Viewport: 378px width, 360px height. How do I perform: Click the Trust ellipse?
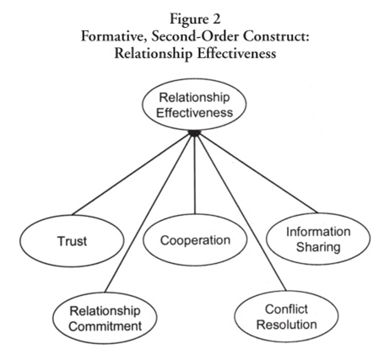pyautogui.click(x=72, y=241)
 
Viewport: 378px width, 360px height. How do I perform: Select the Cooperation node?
pyautogui.click(x=195, y=239)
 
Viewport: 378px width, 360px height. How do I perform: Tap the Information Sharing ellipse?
pyautogui.click(x=318, y=239)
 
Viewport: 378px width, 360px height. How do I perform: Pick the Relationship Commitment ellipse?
pyautogui.click(x=105, y=318)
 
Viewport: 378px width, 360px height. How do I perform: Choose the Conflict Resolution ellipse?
pyautogui.click(x=286, y=317)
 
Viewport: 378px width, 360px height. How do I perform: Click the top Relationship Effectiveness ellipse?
pyautogui.click(x=194, y=105)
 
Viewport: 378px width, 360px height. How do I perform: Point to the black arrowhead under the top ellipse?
pyautogui.click(x=195, y=133)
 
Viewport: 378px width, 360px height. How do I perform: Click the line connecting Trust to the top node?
pyautogui.click(x=132, y=175)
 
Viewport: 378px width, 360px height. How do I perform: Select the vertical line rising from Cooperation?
pyautogui.click(x=195, y=175)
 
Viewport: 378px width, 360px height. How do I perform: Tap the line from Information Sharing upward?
pyautogui.click(x=258, y=174)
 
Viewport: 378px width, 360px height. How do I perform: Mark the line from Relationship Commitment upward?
pyautogui.click(x=148, y=214)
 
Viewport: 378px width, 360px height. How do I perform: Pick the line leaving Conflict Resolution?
pyautogui.click(x=241, y=213)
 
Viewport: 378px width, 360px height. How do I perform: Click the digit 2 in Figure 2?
pyautogui.click(x=216, y=19)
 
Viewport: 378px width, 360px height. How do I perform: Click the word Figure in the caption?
pyautogui.click(x=188, y=20)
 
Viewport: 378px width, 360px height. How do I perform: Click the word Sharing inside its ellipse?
pyautogui.click(x=318, y=247)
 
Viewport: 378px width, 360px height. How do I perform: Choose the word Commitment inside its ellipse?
pyautogui.click(x=105, y=326)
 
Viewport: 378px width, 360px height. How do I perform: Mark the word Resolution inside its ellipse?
pyautogui.click(x=287, y=325)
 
